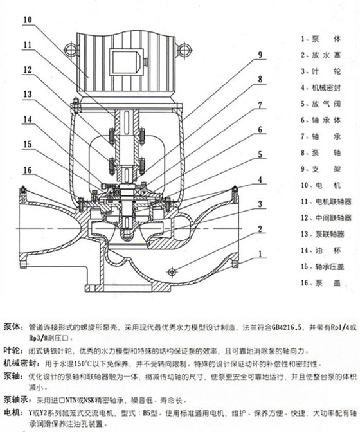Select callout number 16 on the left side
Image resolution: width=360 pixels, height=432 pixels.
(26, 170)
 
